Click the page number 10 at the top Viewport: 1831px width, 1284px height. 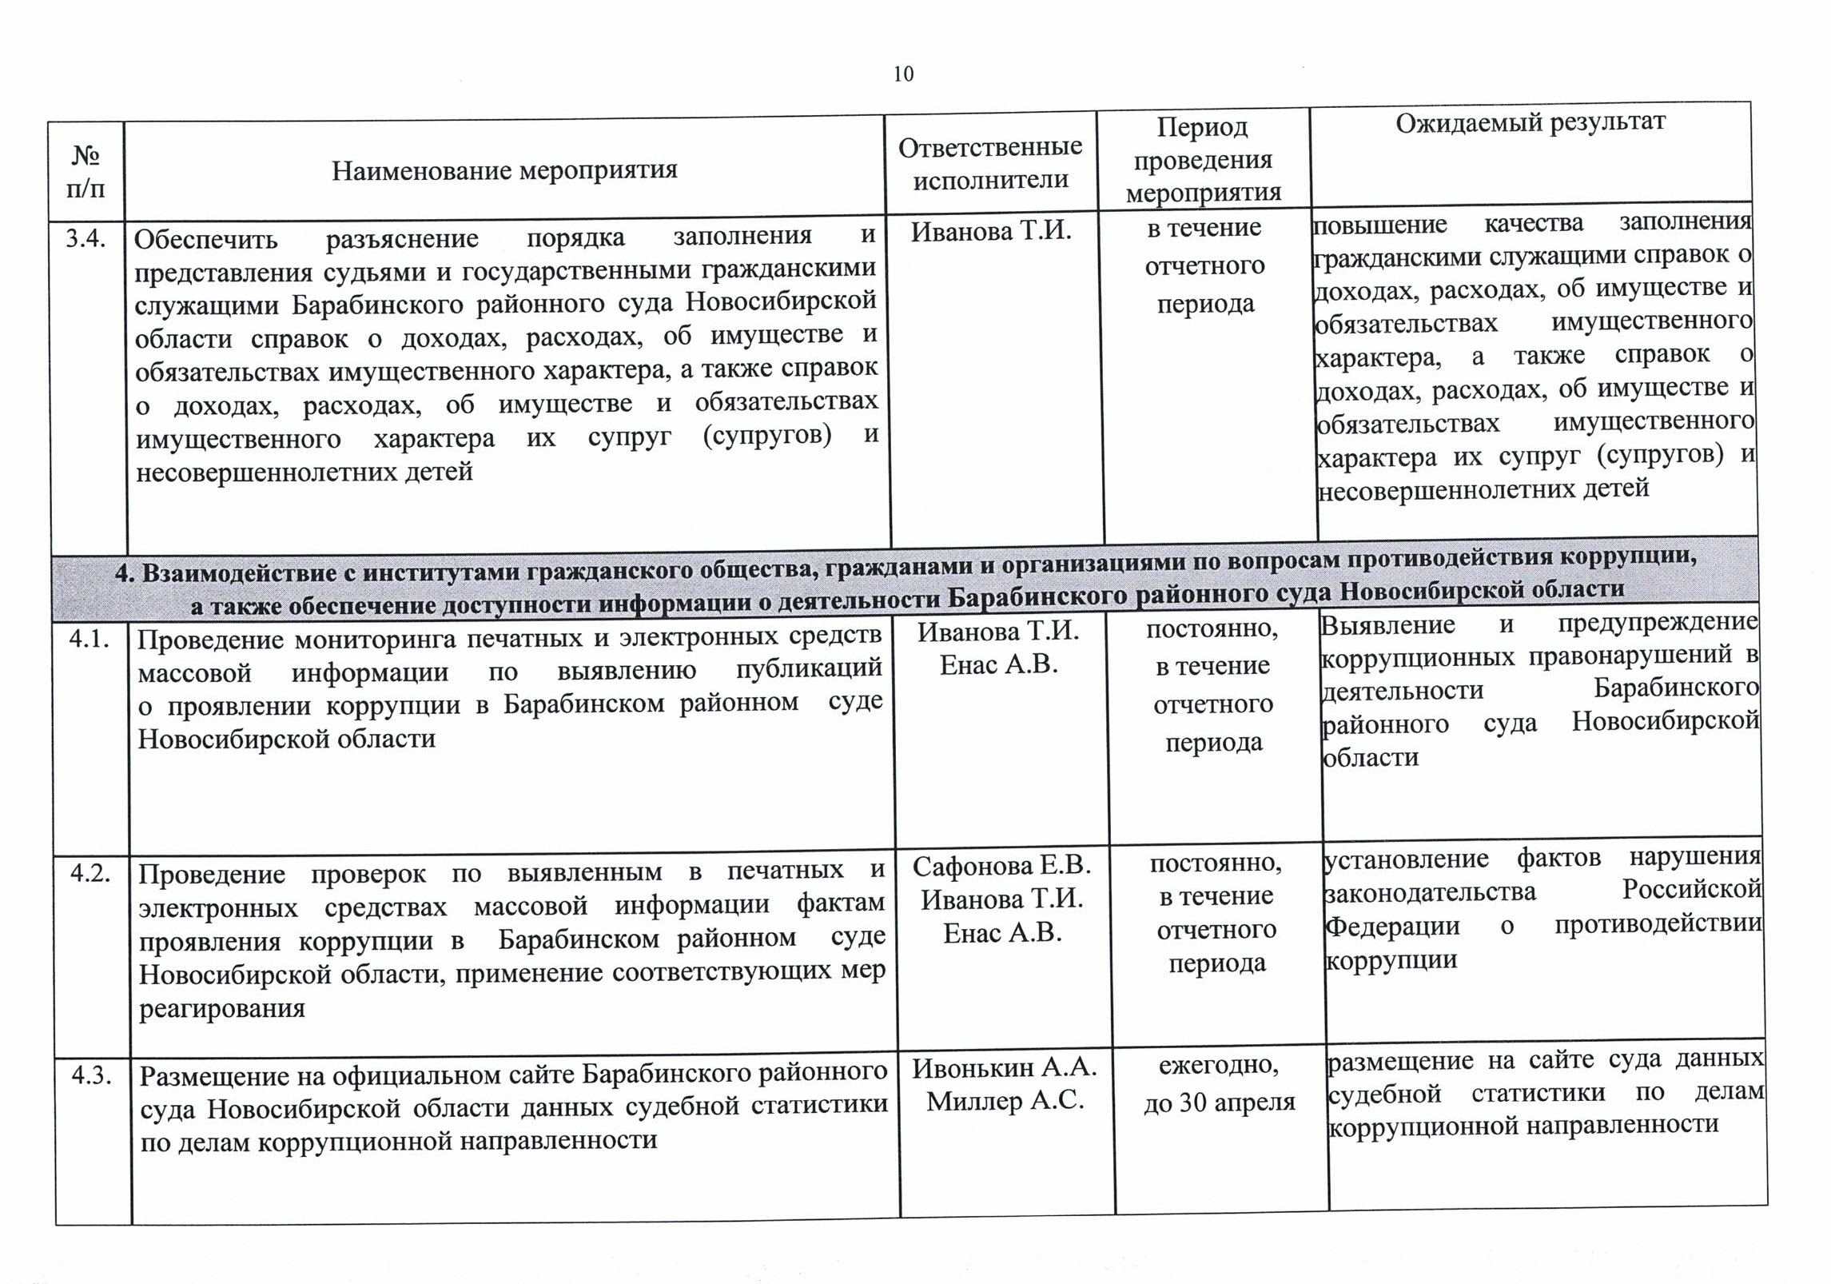[903, 74]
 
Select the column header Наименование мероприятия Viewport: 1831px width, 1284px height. [504, 169]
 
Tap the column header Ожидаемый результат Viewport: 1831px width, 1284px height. [1530, 122]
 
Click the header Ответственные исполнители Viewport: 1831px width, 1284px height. [990, 163]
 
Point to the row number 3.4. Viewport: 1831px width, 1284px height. [87, 238]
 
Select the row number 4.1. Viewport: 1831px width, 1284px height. [90, 639]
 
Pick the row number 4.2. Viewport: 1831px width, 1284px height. [90, 872]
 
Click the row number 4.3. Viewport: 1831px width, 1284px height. [92, 1075]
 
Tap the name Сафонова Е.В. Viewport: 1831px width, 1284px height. [1001, 865]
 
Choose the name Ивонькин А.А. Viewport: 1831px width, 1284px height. [1005, 1067]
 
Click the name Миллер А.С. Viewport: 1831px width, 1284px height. [1005, 1102]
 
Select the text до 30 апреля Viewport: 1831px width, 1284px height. [1219, 1103]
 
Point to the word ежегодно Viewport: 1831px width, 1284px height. [1219, 1065]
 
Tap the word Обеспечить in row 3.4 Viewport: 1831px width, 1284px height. [205, 239]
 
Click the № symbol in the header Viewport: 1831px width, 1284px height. [86, 154]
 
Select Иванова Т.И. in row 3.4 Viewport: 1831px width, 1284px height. [991, 231]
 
